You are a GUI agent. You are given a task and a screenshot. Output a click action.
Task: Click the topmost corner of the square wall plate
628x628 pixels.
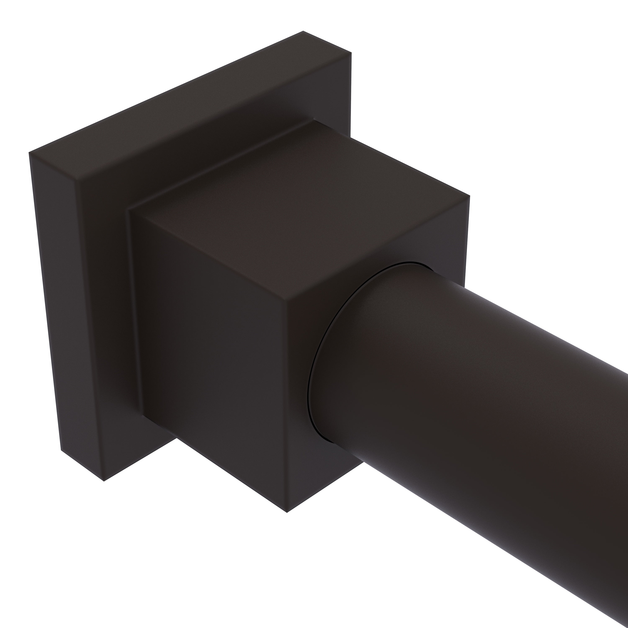(303, 31)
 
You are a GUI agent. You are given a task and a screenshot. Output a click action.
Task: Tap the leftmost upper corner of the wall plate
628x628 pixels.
(29, 152)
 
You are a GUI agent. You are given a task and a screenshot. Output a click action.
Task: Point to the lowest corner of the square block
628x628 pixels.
(287, 513)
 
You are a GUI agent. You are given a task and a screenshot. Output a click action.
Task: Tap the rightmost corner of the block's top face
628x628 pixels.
(469, 196)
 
